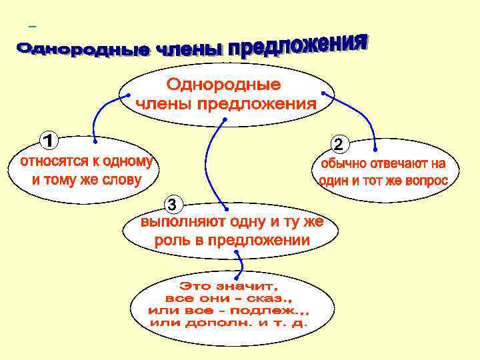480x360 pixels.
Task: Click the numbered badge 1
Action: (48, 141)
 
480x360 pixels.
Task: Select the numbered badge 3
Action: (173, 203)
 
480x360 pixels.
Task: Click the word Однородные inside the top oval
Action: (223, 85)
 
